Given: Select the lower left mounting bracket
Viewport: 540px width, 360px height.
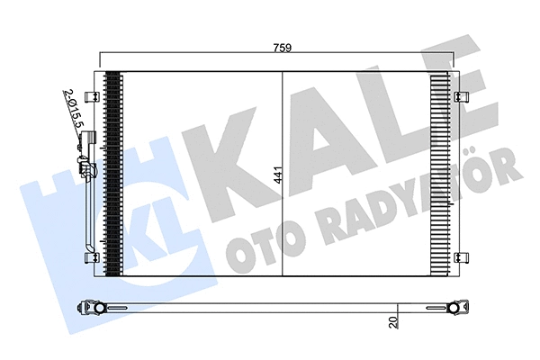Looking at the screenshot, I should pyautogui.click(x=91, y=258).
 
